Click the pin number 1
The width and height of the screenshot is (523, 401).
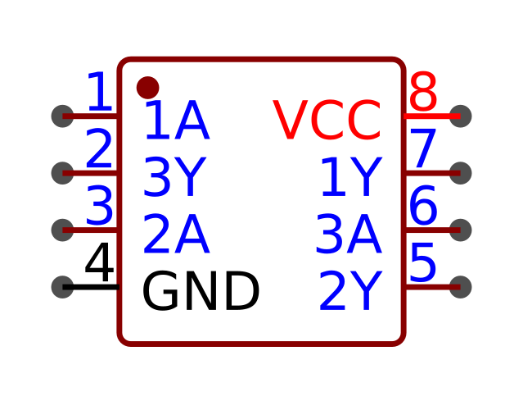point(99,93)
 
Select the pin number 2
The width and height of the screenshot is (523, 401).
point(99,151)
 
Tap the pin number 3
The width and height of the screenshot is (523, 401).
point(99,207)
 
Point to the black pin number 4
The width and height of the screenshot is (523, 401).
point(99,265)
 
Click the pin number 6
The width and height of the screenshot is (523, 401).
point(422,207)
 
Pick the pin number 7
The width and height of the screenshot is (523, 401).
point(422,151)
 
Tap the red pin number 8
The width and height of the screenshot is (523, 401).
point(422,93)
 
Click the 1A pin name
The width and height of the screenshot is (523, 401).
point(175,123)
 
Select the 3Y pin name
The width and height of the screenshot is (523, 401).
point(174,180)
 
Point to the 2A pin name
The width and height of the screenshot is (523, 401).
point(175,236)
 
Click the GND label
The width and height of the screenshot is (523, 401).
point(201,294)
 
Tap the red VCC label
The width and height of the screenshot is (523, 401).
point(327,123)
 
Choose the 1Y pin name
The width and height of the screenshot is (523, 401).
point(349,180)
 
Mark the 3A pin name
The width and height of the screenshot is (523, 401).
point(348,236)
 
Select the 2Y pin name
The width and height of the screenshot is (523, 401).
point(349,294)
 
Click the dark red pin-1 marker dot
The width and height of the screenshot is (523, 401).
point(147,87)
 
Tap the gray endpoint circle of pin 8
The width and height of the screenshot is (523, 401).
point(460,116)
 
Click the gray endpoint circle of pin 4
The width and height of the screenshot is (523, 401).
point(62,286)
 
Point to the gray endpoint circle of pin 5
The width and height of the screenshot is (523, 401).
point(460,286)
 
